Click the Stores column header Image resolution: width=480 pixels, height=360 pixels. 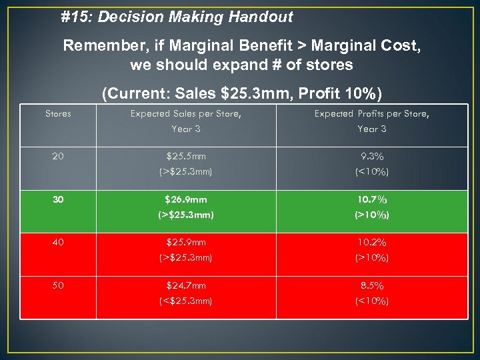click(x=58, y=114)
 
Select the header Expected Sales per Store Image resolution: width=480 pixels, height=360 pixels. click(x=185, y=114)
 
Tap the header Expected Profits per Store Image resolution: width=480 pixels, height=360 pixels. click(x=372, y=114)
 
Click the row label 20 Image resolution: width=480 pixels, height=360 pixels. click(x=58, y=157)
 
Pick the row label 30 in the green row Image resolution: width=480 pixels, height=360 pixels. click(x=58, y=199)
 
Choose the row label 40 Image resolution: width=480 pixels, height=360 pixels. click(x=58, y=243)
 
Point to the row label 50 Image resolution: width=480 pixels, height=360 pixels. click(x=58, y=285)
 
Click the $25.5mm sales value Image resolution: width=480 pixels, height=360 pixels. click(x=186, y=157)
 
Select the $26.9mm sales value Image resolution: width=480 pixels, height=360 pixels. click(x=186, y=199)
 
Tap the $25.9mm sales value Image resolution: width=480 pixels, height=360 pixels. click(x=186, y=243)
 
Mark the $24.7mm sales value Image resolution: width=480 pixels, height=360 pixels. click(x=186, y=285)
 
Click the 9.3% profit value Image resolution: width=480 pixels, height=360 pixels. click(x=372, y=157)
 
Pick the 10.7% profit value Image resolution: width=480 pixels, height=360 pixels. click(x=372, y=199)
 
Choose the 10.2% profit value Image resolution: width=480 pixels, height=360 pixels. click(x=372, y=243)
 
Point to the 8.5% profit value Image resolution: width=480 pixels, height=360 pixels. click(x=372, y=285)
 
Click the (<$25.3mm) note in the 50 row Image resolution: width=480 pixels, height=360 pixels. click(x=186, y=301)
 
